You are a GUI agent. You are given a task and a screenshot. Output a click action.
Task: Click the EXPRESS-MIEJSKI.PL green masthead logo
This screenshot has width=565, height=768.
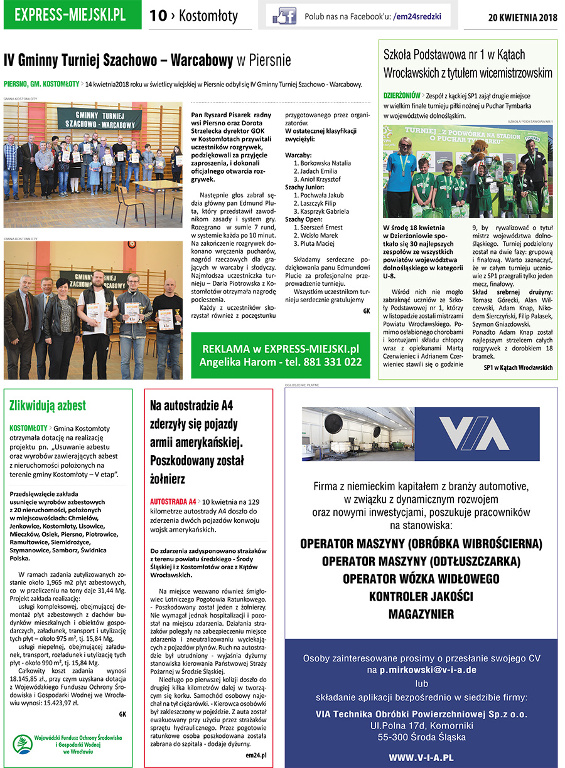[73, 15]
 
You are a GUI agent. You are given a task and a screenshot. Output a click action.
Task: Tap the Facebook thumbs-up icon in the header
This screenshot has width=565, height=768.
[284, 16]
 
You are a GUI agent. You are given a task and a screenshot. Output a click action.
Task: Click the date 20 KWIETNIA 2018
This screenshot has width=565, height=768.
[522, 17]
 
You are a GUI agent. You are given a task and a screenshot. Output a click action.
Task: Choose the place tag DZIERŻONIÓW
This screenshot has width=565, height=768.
[402, 96]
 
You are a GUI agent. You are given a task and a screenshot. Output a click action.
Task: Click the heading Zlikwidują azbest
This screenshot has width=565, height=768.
[48, 405]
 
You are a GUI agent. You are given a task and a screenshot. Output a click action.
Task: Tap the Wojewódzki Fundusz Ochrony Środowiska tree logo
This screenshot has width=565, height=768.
[23, 744]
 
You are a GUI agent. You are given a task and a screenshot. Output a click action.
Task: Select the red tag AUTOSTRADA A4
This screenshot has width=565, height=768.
[173, 502]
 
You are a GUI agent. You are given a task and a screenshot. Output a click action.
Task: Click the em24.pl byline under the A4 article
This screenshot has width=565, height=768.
[256, 755]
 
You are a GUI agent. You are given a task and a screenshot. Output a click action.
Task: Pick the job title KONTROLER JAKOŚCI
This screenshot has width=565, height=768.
[421, 596]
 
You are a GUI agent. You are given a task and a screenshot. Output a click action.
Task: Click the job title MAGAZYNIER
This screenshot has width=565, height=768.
[421, 614]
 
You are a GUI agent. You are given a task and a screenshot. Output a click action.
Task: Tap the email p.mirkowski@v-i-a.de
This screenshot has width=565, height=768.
[428, 670]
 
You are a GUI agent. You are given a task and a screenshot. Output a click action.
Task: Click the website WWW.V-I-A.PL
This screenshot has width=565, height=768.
[421, 757]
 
